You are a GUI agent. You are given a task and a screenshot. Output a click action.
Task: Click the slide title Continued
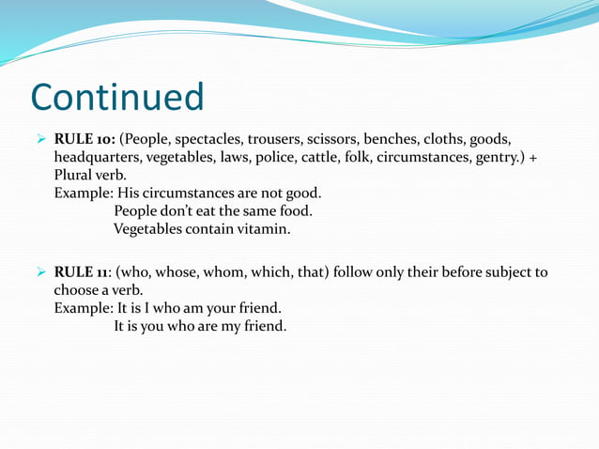117,97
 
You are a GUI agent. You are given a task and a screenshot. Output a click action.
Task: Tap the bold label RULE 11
84,272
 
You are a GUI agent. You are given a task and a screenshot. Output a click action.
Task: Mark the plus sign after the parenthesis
533,157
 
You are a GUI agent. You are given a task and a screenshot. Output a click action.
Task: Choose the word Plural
76,175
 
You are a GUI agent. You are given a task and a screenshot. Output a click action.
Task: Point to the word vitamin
264,228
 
